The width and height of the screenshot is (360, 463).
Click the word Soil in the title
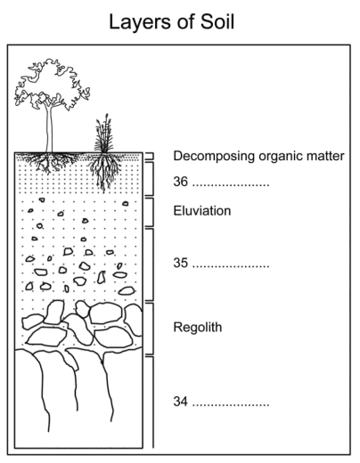(x=217, y=21)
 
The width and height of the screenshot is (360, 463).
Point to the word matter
(x=326, y=156)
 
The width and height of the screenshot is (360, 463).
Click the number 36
(x=181, y=181)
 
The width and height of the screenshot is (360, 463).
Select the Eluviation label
(x=202, y=211)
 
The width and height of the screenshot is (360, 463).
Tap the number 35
(x=181, y=263)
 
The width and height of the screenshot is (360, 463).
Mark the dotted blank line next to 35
(x=231, y=267)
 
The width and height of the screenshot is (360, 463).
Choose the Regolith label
(x=198, y=328)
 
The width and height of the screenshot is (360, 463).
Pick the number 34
(x=181, y=402)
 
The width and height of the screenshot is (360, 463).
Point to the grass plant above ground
(x=103, y=135)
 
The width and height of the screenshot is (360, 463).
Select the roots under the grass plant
(x=103, y=171)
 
